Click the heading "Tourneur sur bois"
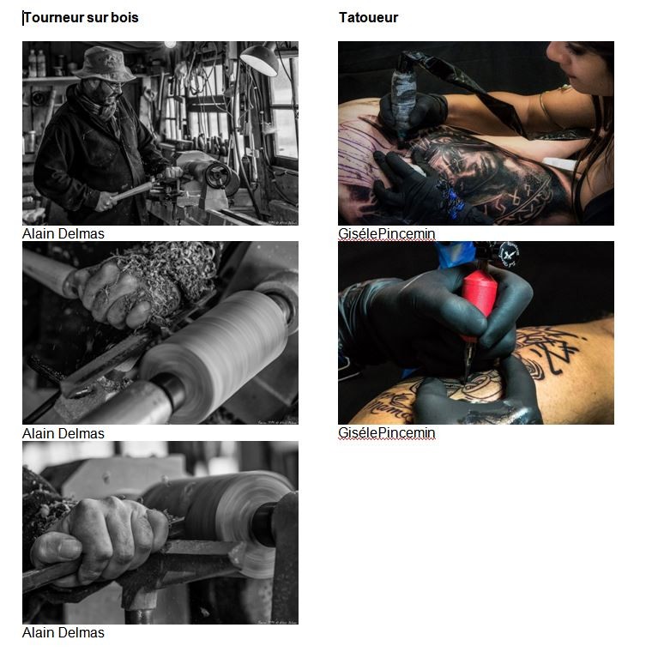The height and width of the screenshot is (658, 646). pyautogui.click(x=81, y=18)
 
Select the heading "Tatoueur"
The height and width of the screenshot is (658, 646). pyautogui.click(x=368, y=18)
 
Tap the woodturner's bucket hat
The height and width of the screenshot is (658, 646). pyautogui.click(x=104, y=63)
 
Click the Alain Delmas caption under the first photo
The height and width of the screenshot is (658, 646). pyautogui.click(x=63, y=233)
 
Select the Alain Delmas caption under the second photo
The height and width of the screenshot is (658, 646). pyautogui.click(x=63, y=433)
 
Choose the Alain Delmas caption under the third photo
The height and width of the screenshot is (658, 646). pyautogui.click(x=63, y=632)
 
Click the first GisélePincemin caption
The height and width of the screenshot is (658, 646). pyautogui.click(x=387, y=233)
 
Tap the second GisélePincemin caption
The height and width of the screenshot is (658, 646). pyautogui.click(x=387, y=432)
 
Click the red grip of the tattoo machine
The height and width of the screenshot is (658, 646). pyautogui.click(x=479, y=298)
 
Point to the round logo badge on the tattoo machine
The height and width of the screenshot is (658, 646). pyautogui.click(x=508, y=254)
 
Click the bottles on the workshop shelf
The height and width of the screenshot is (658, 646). pyautogui.click(x=37, y=63)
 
